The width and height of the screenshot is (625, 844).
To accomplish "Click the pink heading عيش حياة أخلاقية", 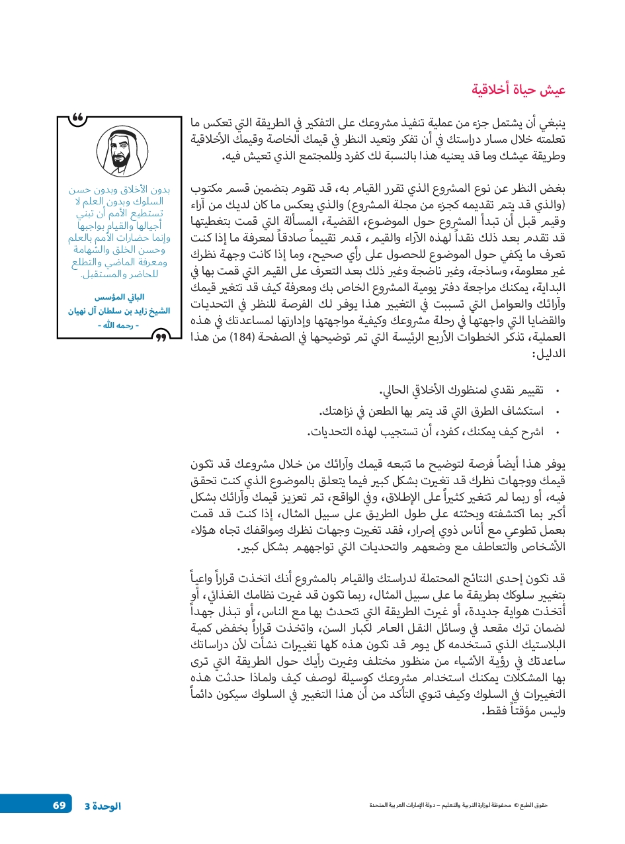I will coord(519,90).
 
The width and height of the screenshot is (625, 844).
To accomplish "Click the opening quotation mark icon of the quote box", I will coord(79,119).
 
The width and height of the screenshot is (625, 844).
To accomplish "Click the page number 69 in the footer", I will coord(60,805).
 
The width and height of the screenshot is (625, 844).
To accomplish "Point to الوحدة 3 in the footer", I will coord(103,806).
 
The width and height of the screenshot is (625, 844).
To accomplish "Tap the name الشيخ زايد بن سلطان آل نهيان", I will coord(119,310).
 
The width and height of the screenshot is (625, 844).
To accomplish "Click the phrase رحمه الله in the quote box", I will coord(119,324).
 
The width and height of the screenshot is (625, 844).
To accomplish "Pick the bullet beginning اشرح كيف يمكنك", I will coord(425,432).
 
